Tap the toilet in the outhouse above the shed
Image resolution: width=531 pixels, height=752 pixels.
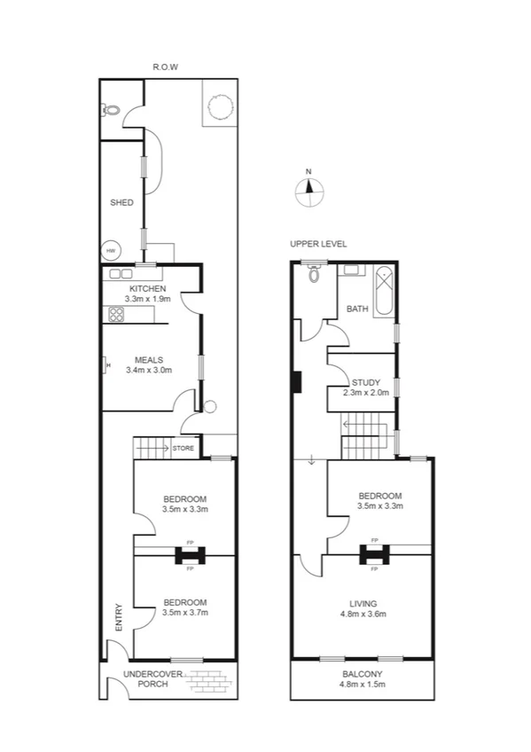[112, 110]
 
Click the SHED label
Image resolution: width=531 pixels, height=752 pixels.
[121, 203]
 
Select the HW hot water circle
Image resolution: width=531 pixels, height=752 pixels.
[111, 251]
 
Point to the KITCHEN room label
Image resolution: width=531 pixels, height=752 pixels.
[148, 290]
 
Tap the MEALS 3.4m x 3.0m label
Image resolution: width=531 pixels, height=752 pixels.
[148, 364]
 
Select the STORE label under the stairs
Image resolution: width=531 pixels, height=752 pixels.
[184, 449]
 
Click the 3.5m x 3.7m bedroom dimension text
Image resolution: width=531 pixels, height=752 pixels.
[184, 613]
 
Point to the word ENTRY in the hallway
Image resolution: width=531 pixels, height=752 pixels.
[119, 617]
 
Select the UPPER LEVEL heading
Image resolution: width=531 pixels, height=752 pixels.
[318, 244]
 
